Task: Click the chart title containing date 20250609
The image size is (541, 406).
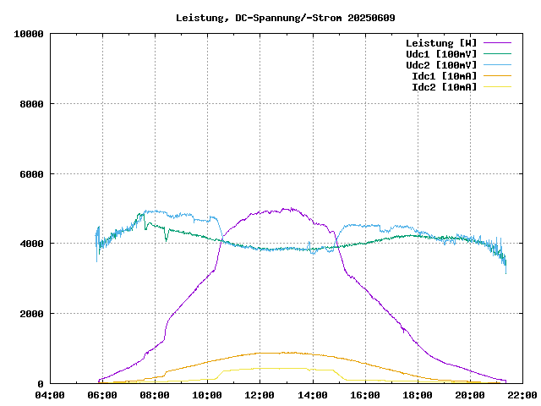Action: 285,17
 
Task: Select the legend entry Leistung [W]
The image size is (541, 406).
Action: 440,43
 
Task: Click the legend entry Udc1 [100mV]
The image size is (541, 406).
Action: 440,54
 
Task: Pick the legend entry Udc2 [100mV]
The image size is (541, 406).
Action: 440,65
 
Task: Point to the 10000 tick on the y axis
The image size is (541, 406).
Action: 29,34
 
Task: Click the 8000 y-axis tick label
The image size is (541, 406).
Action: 31,104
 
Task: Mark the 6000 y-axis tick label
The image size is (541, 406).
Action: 31,174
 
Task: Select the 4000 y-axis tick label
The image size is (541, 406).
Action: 31,244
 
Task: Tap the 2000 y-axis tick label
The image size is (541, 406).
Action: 31,314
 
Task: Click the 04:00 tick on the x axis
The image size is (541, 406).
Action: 50,394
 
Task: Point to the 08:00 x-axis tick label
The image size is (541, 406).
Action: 155,394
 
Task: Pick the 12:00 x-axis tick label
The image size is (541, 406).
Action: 260,394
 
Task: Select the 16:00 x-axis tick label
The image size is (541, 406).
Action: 364,394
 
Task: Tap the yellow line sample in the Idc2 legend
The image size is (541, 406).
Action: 497,87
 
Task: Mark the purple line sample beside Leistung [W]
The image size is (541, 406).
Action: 497,43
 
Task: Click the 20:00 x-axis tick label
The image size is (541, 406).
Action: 469,394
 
